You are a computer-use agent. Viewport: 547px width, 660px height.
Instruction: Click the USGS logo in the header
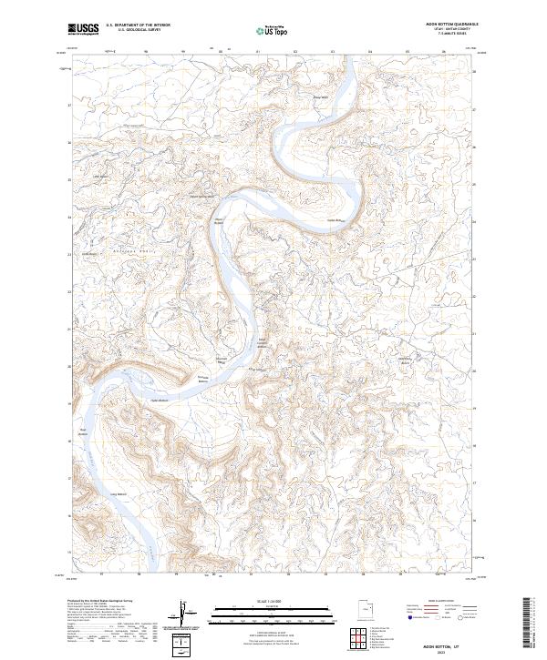(83, 29)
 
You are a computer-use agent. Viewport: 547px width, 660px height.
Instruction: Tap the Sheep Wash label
(320, 97)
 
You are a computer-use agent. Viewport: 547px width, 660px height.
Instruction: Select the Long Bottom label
(116, 494)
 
